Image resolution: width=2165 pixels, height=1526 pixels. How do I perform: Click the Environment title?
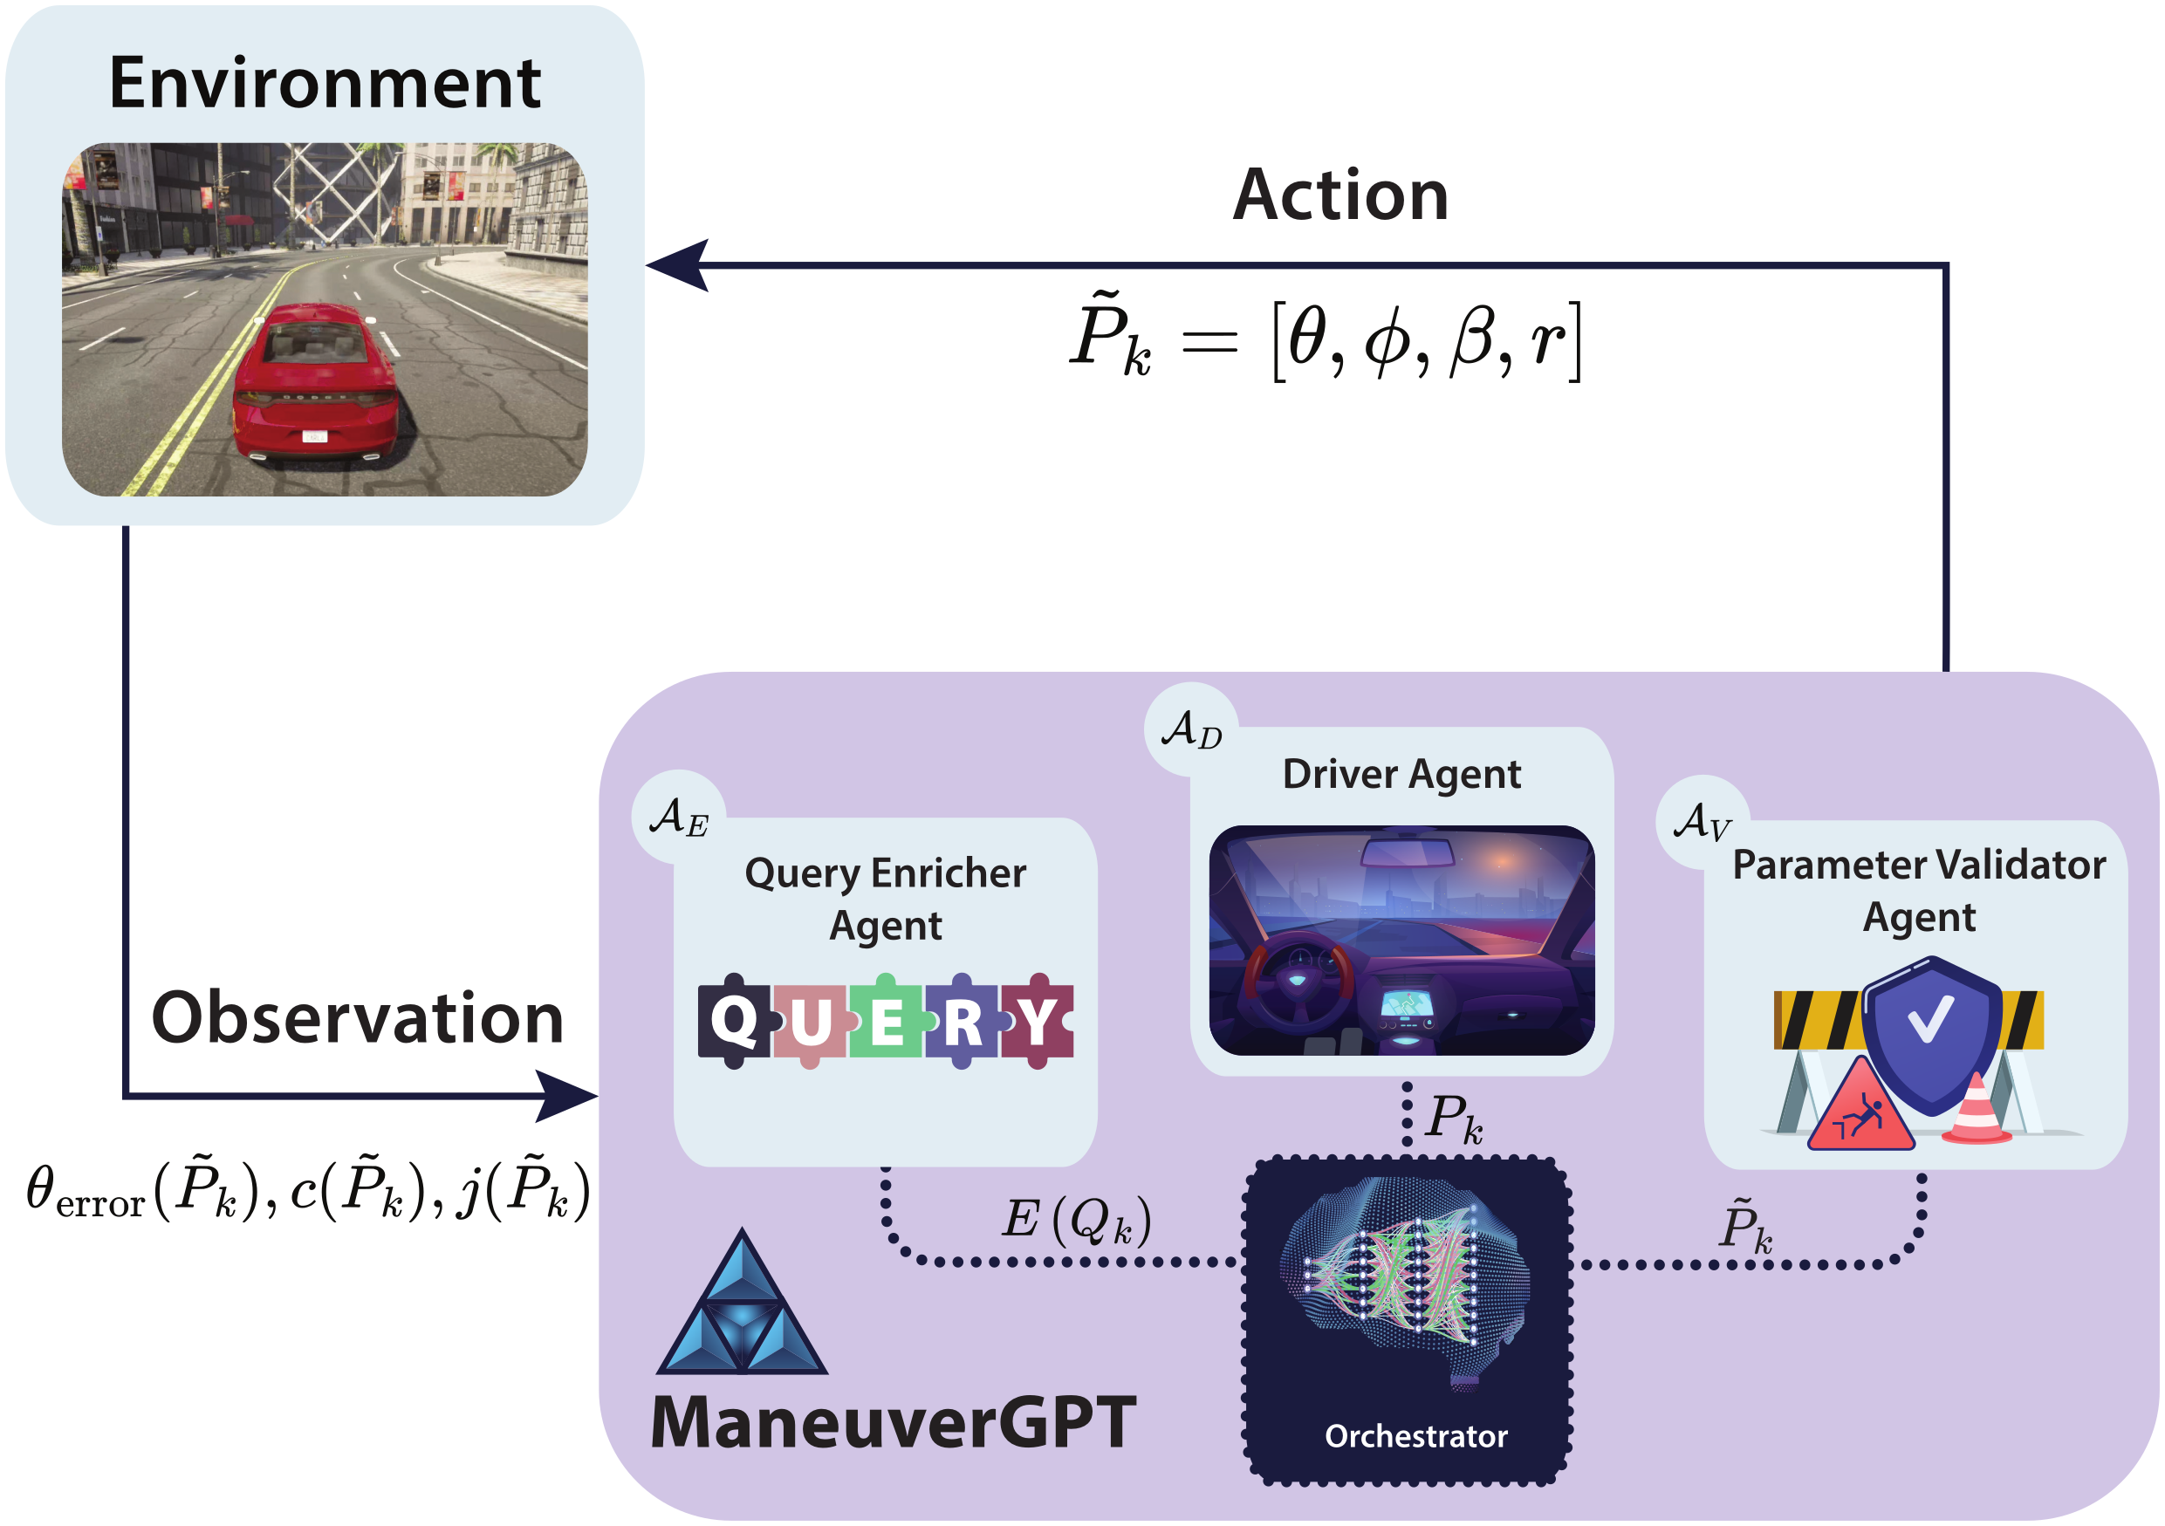[325, 83]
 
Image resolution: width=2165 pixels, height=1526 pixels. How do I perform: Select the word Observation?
[358, 1018]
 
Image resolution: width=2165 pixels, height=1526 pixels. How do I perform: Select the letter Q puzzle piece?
[734, 1020]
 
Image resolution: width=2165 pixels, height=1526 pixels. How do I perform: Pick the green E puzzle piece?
[886, 1022]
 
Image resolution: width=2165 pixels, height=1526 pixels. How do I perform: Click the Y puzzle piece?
[1038, 1020]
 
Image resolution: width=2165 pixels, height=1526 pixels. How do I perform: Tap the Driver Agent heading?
[1401, 774]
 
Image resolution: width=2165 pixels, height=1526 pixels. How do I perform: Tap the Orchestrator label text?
[1415, 1435]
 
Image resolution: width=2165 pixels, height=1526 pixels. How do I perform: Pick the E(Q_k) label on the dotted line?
[1076, 1221]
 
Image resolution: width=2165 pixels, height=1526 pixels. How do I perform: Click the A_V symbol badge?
[1702, 821]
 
